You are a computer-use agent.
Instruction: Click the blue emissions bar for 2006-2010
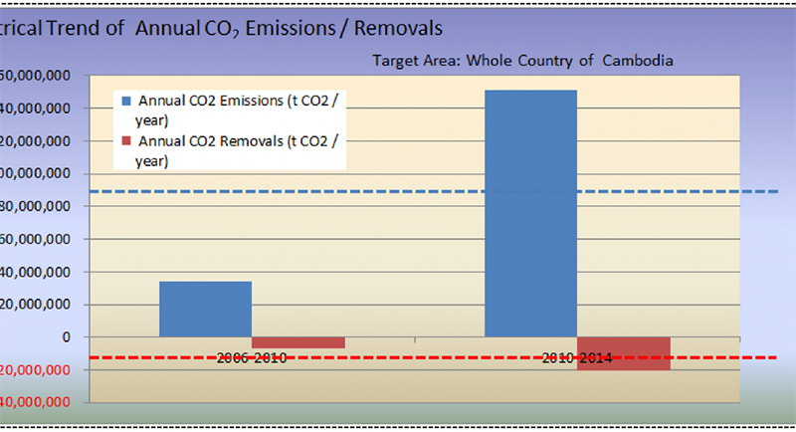[205, 309]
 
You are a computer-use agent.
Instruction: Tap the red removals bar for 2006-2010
[298, 342]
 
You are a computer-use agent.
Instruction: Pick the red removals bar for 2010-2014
[623, 353]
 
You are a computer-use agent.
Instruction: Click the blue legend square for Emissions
[124, 101]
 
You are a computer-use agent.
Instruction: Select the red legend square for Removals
[124, 141]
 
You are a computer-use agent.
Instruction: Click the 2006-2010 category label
[252, 357]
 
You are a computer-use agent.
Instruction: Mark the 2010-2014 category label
[577, 357]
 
